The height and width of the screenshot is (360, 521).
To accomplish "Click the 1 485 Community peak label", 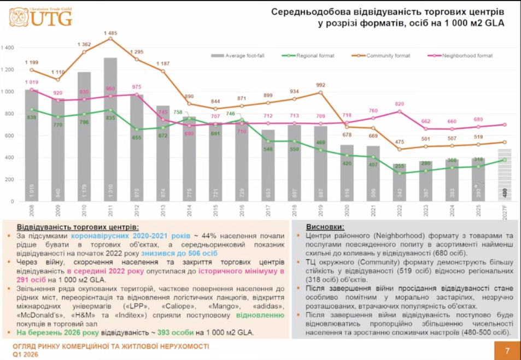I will click(110, 33).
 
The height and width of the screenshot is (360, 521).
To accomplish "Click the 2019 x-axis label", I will click(321, 210).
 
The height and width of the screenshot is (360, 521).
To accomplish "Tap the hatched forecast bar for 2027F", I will click(505, 175).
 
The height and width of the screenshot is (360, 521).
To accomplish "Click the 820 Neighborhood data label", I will click(400, 104).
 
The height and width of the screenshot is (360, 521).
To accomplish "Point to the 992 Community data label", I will click(321, 85).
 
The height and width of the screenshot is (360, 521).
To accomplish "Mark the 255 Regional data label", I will click(400, 167).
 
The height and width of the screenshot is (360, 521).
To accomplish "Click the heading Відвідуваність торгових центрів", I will click(78, 226).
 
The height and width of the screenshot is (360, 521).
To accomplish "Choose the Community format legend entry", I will click(388, 56).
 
